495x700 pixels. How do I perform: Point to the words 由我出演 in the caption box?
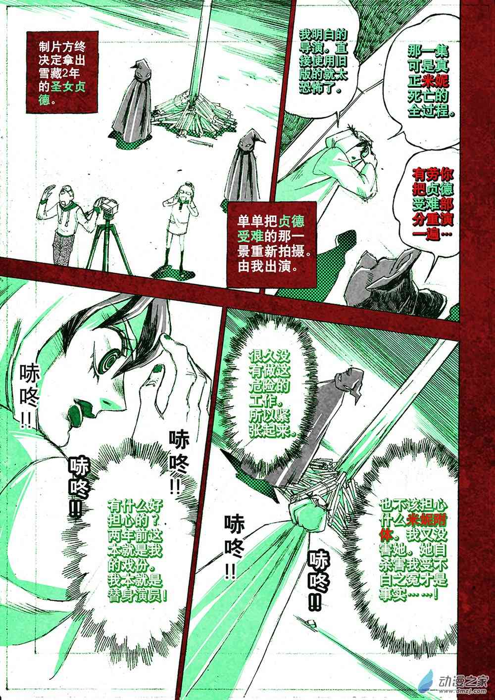pyautogui.click(x=264, y=267)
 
